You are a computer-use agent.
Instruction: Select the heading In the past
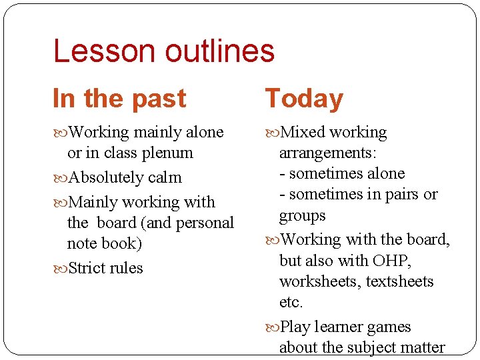[119, 99]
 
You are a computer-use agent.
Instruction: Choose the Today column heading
[304, 99]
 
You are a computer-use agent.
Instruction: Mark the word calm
[165, 178]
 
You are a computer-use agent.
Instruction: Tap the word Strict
[87, 269]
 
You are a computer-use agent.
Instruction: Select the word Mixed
[303, 133]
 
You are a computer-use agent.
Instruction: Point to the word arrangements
[327, 153]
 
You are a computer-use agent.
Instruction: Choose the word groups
[302, 216]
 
